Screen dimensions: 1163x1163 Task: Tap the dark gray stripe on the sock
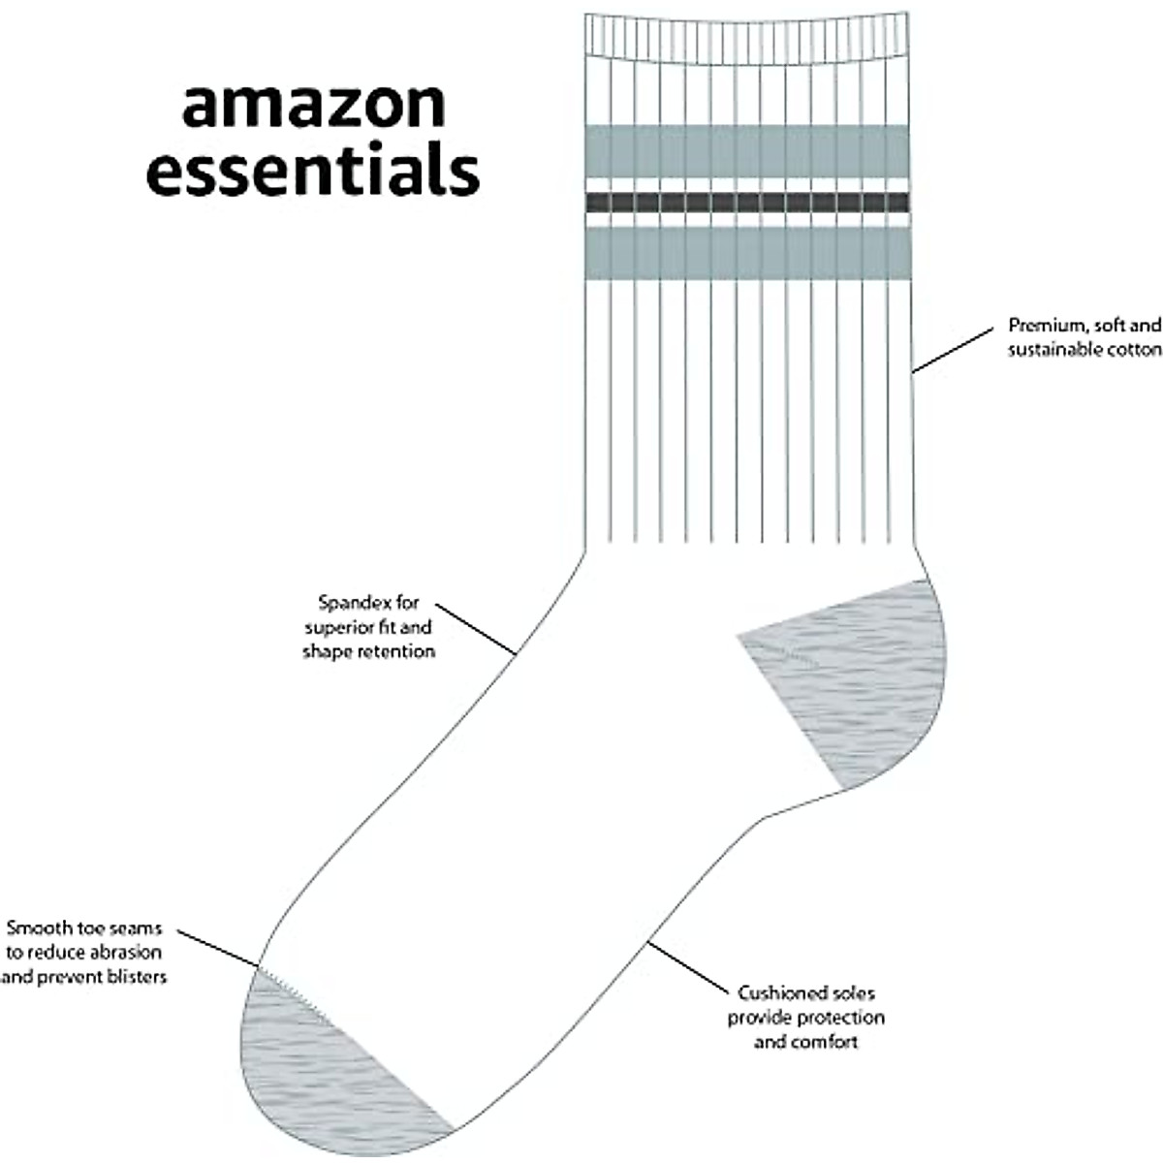(747, 202)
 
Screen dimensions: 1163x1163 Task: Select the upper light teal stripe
(747, 151)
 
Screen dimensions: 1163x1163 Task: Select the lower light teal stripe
(747, 252)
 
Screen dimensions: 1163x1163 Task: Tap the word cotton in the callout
(1134, 350)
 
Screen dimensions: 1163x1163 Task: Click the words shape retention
(368, 651)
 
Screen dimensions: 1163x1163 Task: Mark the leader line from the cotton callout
(954, 350)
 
